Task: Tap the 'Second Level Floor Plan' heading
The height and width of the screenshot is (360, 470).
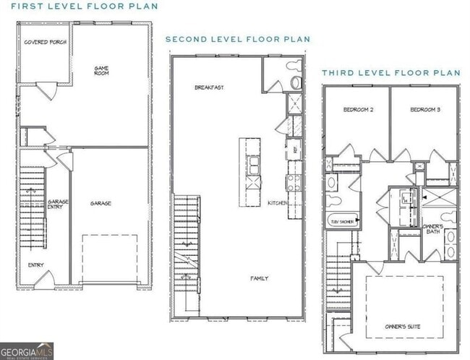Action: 238,39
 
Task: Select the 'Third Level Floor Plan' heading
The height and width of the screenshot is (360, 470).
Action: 390,73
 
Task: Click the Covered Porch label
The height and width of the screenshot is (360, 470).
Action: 45,43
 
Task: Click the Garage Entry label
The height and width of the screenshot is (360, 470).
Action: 57,204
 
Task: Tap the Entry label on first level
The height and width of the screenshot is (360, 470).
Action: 36,265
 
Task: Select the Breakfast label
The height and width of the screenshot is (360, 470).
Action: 209,87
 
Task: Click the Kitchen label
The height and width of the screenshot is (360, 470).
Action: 278,203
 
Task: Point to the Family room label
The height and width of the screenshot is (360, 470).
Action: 260,278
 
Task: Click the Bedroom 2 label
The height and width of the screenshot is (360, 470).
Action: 358,109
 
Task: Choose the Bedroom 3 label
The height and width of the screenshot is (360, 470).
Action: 424,109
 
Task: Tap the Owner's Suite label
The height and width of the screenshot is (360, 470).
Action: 403,326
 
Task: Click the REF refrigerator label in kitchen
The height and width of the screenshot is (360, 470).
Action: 295,150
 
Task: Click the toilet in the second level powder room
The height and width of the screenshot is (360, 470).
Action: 295,82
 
